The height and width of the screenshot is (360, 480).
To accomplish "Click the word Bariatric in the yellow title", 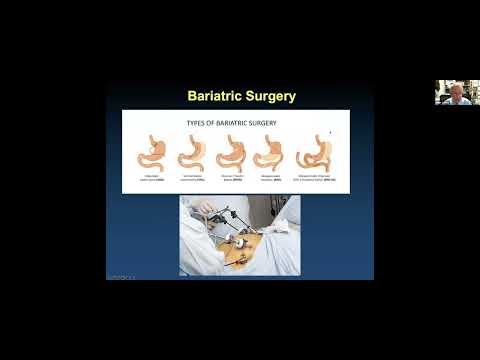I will pyautogui.click(x=217, y=96).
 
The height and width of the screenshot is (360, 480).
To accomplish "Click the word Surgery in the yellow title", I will pyautogui.click(x=271, y=96).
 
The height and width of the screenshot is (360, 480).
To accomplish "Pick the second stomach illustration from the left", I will pyautogui.click(x=192, y=152).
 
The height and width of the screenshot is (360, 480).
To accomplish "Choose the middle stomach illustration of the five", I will pyautogui.click(x=231, y=152).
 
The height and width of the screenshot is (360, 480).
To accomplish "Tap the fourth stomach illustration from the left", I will pyautogui.click(x=269, y=152).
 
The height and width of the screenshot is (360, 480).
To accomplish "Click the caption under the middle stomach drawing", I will pyautogui.click(x=231, y=178).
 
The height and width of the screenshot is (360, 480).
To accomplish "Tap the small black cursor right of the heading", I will pyautogui.click(x=330, y=131).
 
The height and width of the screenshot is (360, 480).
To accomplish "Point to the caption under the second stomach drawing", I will pyautogui.click(x=192, y=178).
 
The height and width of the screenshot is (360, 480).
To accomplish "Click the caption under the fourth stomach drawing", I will pyautogui.click(x=269, y=178).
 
